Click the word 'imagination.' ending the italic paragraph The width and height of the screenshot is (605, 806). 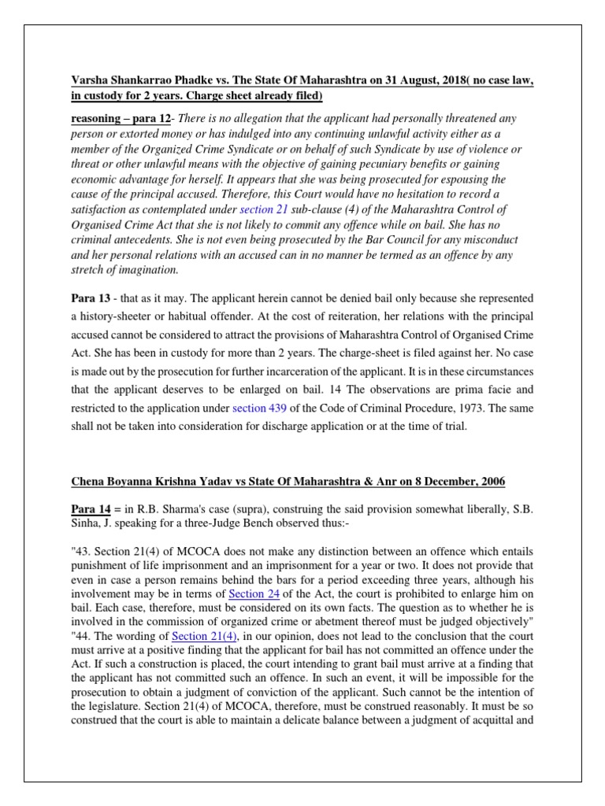point(146,270)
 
